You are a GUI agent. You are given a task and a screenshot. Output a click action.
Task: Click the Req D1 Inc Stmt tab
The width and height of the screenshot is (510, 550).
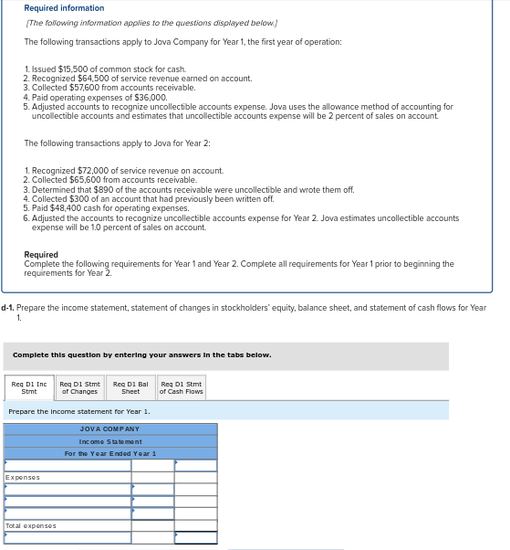tap(29, 387)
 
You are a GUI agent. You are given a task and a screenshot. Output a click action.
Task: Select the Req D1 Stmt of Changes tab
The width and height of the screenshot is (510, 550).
tap(79, 387)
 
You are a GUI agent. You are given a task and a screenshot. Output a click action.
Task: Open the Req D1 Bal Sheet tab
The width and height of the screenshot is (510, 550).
tap(130, 387)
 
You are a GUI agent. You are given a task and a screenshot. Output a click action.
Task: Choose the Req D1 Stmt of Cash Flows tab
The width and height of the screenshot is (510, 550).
tap(181, 387)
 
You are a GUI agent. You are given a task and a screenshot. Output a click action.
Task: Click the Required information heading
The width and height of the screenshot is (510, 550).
tap(64, 9)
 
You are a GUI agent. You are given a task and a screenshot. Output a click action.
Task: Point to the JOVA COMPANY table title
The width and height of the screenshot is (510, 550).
tap(109, 428)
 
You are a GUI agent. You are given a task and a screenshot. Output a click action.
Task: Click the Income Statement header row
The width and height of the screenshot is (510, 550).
tap(109, 441)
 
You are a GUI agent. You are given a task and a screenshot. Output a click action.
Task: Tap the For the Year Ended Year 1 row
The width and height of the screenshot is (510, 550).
tap(109, 453)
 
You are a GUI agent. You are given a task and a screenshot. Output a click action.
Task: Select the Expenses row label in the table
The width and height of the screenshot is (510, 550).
tap(23, 478)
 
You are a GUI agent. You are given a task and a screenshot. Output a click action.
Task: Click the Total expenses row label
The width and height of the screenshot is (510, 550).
tap(31, 525)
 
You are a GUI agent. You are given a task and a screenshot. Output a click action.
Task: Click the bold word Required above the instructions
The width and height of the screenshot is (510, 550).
tap(41, 255)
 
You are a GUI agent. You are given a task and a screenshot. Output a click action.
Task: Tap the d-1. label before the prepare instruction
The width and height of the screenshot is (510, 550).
tap(8, 308)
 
